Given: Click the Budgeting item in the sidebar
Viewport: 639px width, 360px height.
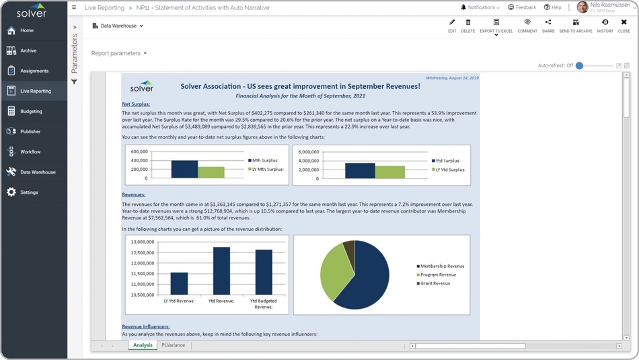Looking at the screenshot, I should point(31,111).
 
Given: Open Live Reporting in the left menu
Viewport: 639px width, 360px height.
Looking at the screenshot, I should point(35,91).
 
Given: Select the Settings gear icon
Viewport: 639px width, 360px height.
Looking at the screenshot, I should point(11,192).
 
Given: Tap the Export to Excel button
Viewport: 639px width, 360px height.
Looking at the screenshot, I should point(496,26).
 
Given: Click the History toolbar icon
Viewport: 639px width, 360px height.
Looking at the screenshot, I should point(605,26).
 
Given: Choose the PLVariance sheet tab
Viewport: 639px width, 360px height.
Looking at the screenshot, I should point(173,345).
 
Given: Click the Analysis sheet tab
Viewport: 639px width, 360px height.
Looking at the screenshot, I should point(143,345).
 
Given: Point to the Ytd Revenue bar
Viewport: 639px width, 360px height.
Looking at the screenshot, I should point(221,271).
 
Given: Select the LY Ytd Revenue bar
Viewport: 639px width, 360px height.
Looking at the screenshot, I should point(179,283).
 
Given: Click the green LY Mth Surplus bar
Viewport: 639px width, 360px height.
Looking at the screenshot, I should point(211,172).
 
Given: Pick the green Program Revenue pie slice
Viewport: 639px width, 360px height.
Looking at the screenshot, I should point(334,272).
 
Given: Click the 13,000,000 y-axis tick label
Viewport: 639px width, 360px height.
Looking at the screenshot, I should point(143,242).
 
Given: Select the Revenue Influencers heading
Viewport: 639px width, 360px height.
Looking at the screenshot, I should point(145,326).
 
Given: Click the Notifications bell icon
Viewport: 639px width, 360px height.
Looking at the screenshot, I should point(463,7).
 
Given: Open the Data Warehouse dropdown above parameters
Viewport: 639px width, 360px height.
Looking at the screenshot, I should point(118,26).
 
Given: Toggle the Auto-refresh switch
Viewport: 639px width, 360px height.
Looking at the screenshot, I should point(580,65).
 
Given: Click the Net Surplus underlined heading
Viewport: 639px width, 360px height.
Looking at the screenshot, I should point(136,104).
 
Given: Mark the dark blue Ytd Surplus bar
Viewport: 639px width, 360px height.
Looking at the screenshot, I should point(360,170).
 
